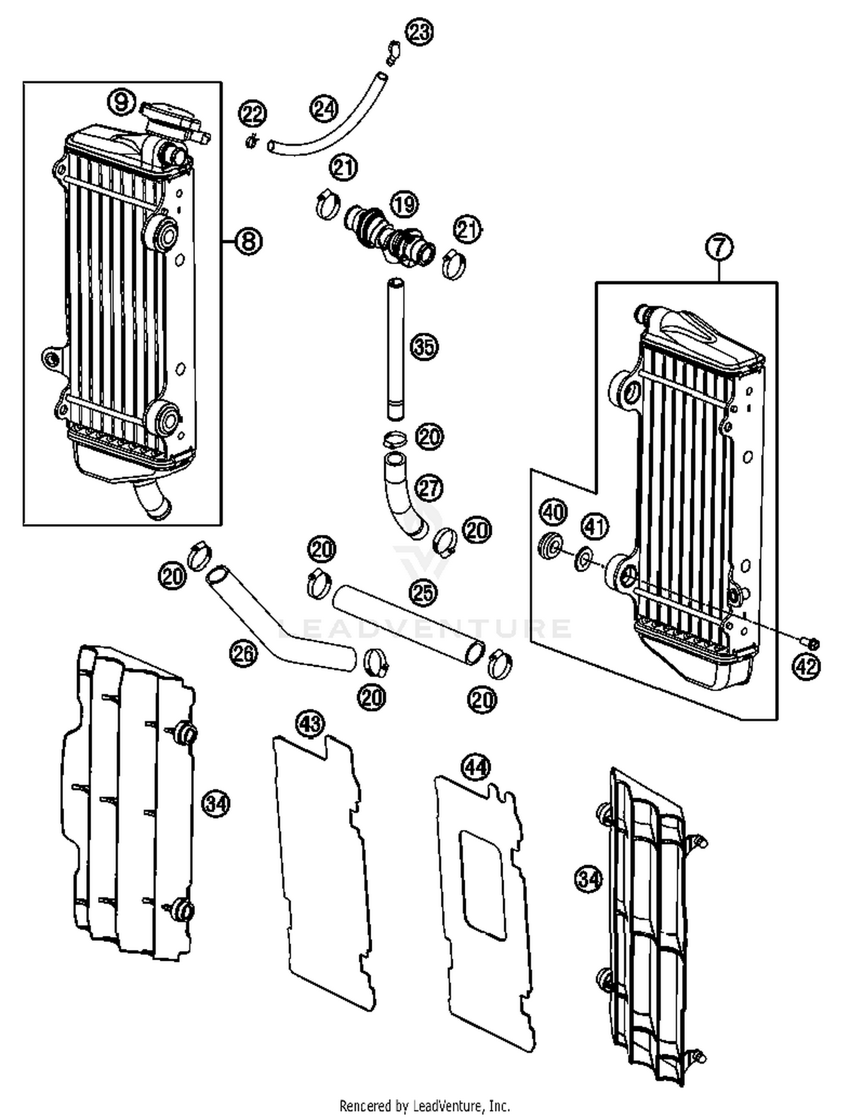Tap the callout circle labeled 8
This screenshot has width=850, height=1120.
[248, 241]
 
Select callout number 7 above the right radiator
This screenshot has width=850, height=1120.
[719, 247]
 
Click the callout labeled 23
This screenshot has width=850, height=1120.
[419, 32]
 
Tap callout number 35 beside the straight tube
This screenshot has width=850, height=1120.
[424, 347]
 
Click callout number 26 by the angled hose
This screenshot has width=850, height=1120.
[243, 654]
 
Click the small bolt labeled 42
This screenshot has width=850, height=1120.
[810, 643]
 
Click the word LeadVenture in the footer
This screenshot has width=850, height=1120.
[448, 1105]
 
